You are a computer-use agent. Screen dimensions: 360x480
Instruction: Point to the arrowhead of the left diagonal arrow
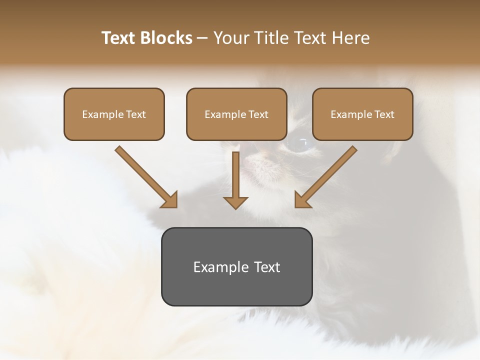170,200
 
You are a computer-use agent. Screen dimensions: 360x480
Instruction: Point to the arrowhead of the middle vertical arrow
235,202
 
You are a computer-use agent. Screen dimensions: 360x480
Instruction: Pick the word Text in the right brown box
384,114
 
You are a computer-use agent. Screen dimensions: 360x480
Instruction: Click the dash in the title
202,38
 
